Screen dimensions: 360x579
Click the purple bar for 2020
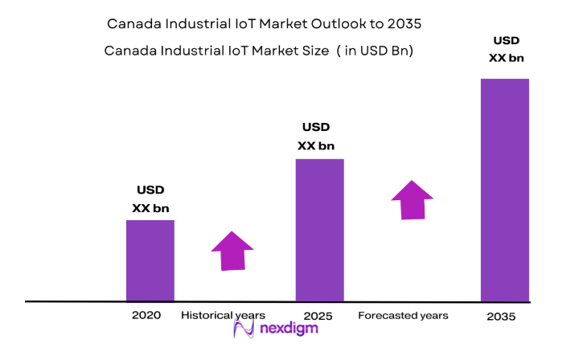click(150, 260)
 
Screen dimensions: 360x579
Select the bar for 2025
click(320, 230)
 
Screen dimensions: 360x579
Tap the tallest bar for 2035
click(504, 190)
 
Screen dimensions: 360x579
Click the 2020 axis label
click(146, 315)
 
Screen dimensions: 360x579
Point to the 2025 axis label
click(318, 315)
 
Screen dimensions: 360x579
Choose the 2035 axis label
click(502, 317)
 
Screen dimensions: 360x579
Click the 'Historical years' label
click(223, 315)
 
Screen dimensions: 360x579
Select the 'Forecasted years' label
click(403, 315)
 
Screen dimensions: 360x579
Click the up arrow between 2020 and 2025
click(232, 251)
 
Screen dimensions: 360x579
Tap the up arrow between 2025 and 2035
click(413, 199)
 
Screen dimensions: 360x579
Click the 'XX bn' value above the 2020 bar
click(150, 208)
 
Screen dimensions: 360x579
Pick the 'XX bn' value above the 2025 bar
click(316, 145)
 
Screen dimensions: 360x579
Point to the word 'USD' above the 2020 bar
click(150, 190)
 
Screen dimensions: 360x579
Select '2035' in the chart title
click(403, 24)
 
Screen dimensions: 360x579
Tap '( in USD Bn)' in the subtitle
click(377, 51)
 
